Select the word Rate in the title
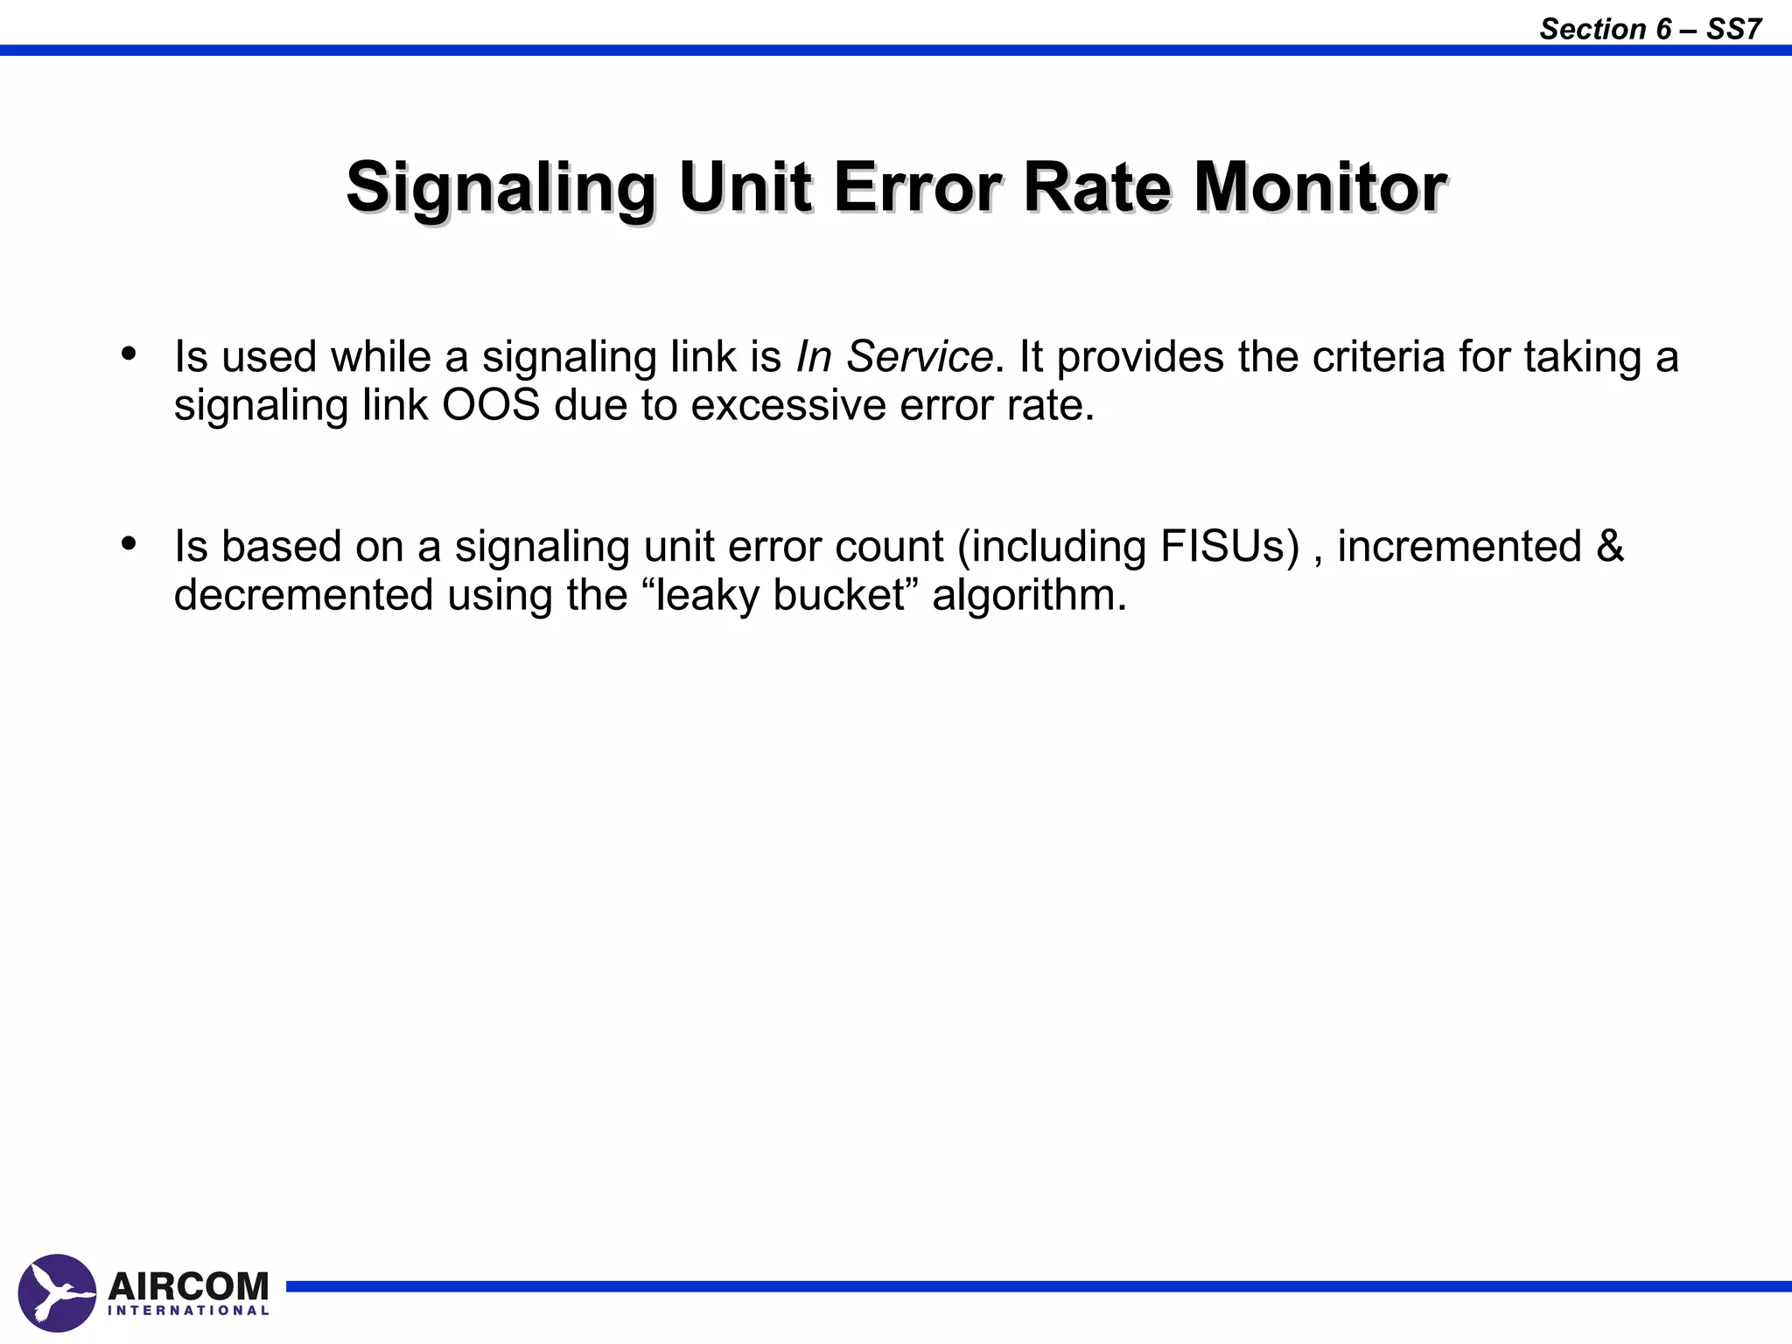1097,187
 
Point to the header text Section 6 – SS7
1650,29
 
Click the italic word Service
919,357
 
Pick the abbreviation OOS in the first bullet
491,405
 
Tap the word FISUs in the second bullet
1229,547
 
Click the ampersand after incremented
1610,547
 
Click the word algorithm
1029,596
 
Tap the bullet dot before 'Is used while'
129,354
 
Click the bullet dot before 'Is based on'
129,544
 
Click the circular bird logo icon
57,1292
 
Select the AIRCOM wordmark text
188,1286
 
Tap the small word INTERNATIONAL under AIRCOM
188,1311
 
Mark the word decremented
304,596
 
